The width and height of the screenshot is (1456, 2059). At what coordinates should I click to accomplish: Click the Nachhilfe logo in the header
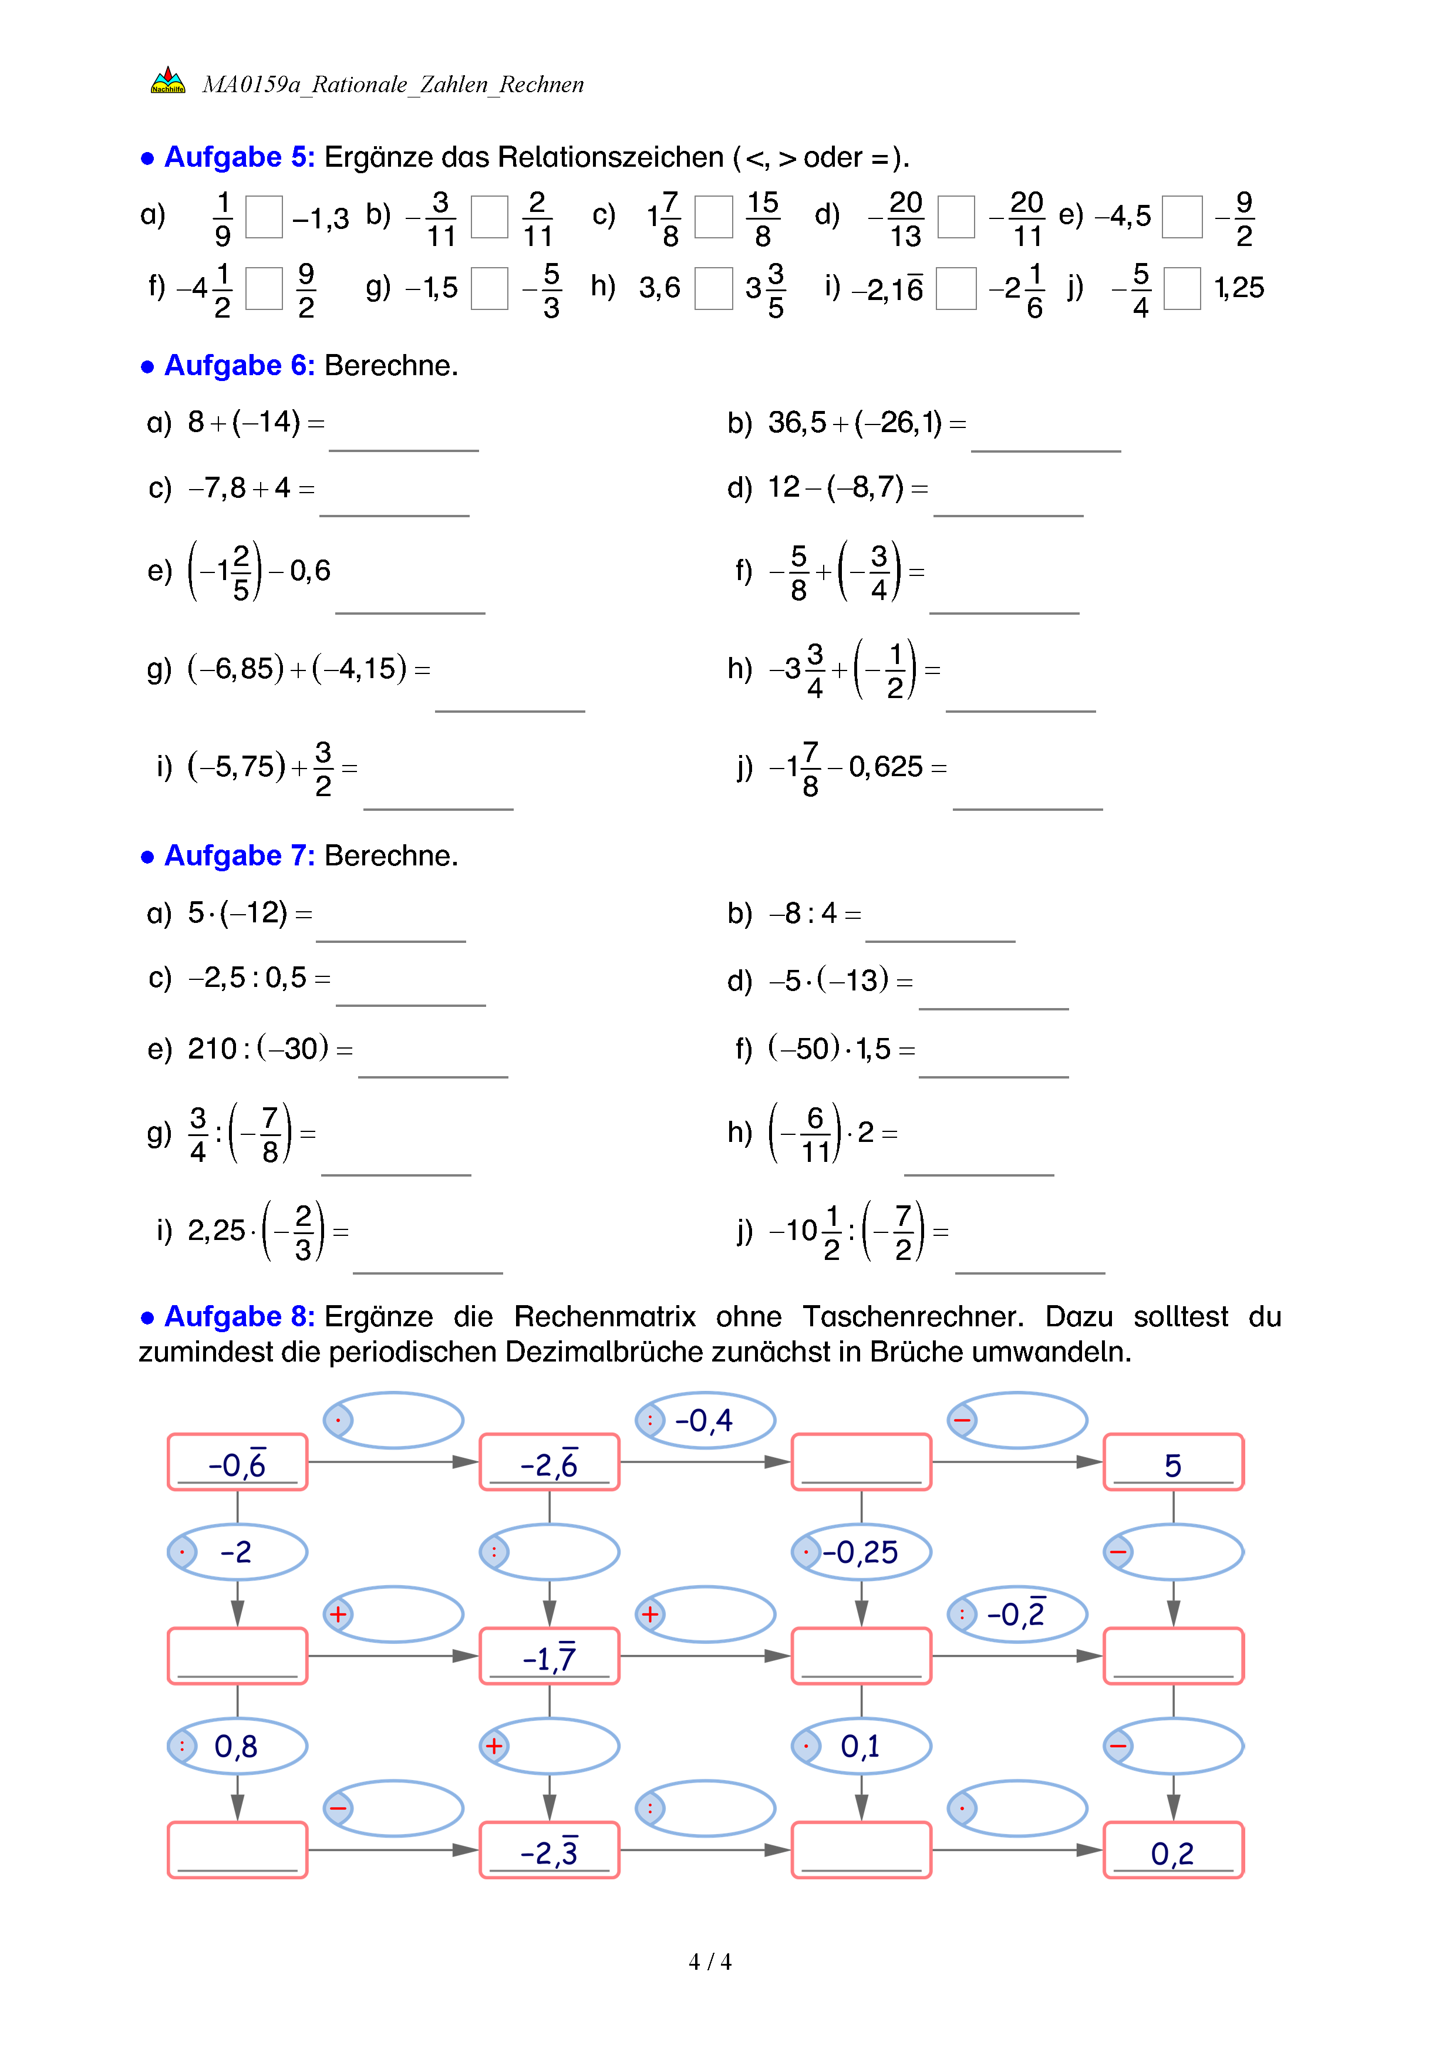coord(168,82)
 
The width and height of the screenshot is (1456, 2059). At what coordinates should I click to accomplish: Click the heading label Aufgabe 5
coord(238,157)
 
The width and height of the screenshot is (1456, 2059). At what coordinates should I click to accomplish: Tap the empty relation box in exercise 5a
coord(264,217)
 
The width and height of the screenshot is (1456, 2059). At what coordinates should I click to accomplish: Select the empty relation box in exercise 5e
coord(1182,217)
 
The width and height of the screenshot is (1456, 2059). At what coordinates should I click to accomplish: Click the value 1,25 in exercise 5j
coord(1238,288)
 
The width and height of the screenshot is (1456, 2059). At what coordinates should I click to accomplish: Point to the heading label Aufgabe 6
coord(238,366)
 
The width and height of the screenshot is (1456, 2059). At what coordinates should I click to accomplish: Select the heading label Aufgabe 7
coord(238,857)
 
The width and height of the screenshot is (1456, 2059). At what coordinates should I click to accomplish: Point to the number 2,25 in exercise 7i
coord(216,1231)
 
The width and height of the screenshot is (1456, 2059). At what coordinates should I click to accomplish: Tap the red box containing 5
coord(1172,1462)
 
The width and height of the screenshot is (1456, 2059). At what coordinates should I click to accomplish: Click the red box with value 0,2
coord(1172,1850)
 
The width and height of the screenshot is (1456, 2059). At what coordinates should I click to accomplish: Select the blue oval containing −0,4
coord(705,1420)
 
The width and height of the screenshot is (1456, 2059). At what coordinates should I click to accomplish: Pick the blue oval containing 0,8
coord(237,1746)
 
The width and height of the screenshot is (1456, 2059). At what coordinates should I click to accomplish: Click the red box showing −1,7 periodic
coord(549,1656)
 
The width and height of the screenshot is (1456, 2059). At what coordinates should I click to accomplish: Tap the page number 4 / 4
coord(709,1962)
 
